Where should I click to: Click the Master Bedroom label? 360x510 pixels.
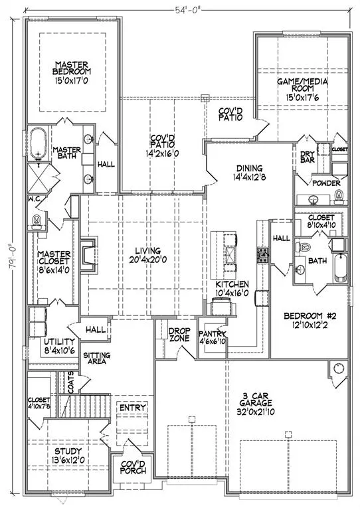pyautogui.click(x=72, y=72)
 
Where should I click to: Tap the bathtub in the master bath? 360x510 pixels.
pyautogui.click(x=39, y=143)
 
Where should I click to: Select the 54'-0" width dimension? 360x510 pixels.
pyautogui.click(x=187, y=10)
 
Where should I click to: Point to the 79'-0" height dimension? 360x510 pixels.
pyautogui.click(x=13, y=257)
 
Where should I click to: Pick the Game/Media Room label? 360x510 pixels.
pyautogui.click(x=302, y=89)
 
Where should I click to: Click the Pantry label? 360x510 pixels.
pyautogui.click(x=212, y=337)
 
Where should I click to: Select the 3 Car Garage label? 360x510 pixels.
pyautogui.click(x=256, y=404)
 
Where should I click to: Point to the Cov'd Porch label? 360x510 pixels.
pyautogui.click(x=133, y=467)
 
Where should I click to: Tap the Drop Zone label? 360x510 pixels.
pyautogui.click(x=179, y=335)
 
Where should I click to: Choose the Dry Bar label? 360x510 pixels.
pyautogui.click(x=308, y=157)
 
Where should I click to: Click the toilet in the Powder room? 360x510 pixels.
pyautogui.click(x=339, y=197)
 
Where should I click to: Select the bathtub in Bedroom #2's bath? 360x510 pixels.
pyautogui.click(x=341, y=268)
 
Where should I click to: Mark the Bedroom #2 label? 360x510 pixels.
pyautogui.click(x=310, y=320)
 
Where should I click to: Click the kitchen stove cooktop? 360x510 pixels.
pyautogui.click(x=262, y=255)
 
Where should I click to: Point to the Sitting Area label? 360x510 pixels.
pyautogui.click(x=96, y=358)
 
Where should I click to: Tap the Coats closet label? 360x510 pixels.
pyautogui.click(x=71, y=382)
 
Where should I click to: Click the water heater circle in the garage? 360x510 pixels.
pyautogui.click(x=339, y=368)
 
